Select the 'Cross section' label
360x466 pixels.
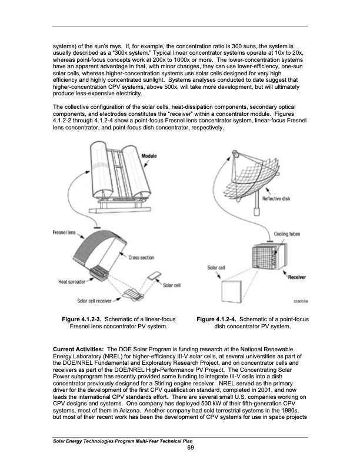(142, 257)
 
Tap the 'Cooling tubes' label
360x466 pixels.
(287, 234)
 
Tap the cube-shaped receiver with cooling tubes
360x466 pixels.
(253, 262)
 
